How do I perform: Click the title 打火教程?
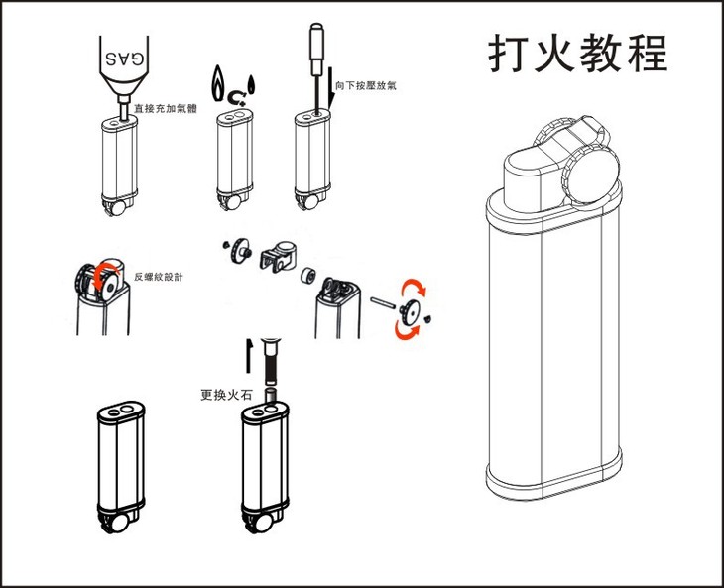coord(578,54)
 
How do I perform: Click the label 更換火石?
coord(226,395)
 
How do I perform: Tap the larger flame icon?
coord(219,80)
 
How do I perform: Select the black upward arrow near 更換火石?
coord(249,357)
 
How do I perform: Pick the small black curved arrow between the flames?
coord(235,96)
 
